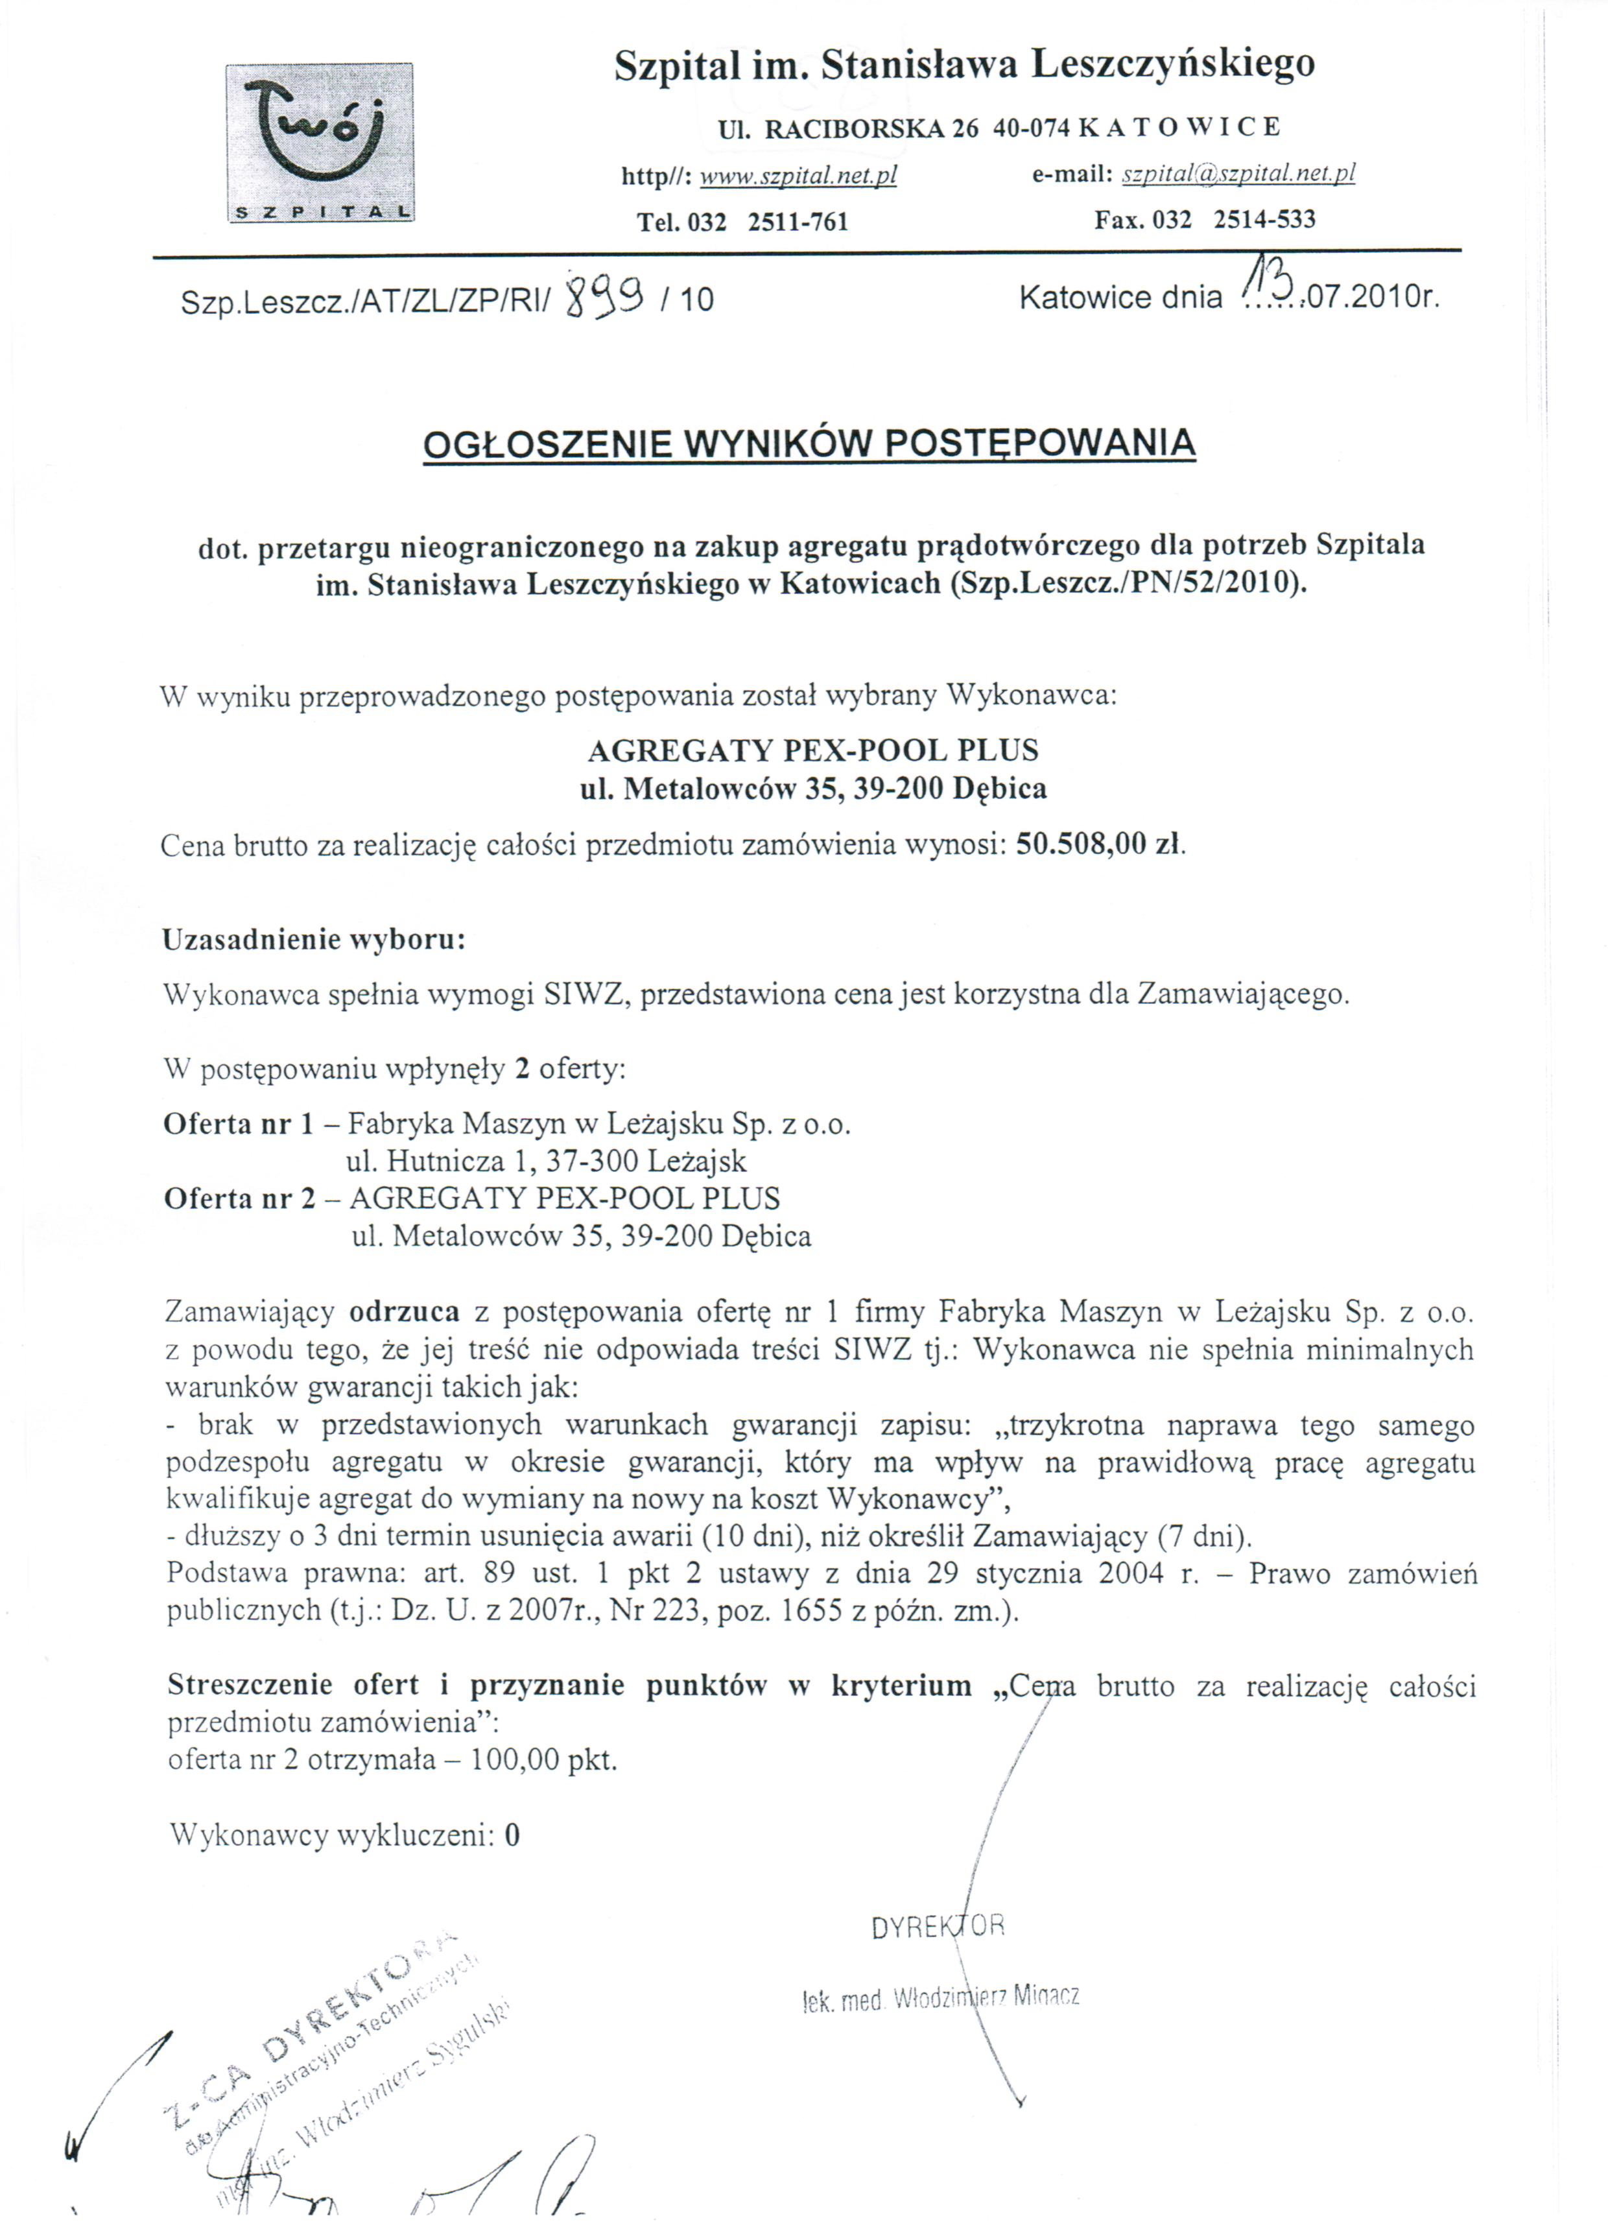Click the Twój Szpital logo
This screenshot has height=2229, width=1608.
(x=320, y=143)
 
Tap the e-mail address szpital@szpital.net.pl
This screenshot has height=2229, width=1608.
(x=1238, y=174)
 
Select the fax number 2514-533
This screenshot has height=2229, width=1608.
(x=1264, y=219)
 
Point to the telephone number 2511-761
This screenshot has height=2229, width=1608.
(x=797, y=221)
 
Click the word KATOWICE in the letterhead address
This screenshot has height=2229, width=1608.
(x=1179, y=126)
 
